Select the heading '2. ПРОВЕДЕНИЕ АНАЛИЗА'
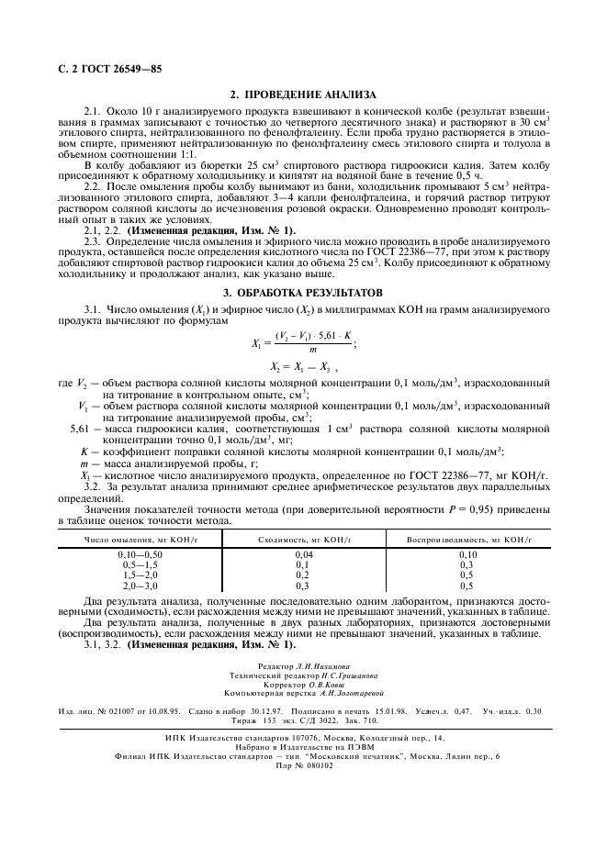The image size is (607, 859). (x=302, y=95)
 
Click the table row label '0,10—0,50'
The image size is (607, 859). (x=140, y=555)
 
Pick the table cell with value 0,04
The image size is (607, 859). (x=301, y=555)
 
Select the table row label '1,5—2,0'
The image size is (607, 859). (x=140, y=575)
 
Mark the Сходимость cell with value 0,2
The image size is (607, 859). (x=301, y=575)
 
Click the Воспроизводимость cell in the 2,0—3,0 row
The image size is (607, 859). (x=466, y=585)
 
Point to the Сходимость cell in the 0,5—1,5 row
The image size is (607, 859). (x=301, y=565)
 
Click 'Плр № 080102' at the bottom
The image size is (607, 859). (x=304, y=765)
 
